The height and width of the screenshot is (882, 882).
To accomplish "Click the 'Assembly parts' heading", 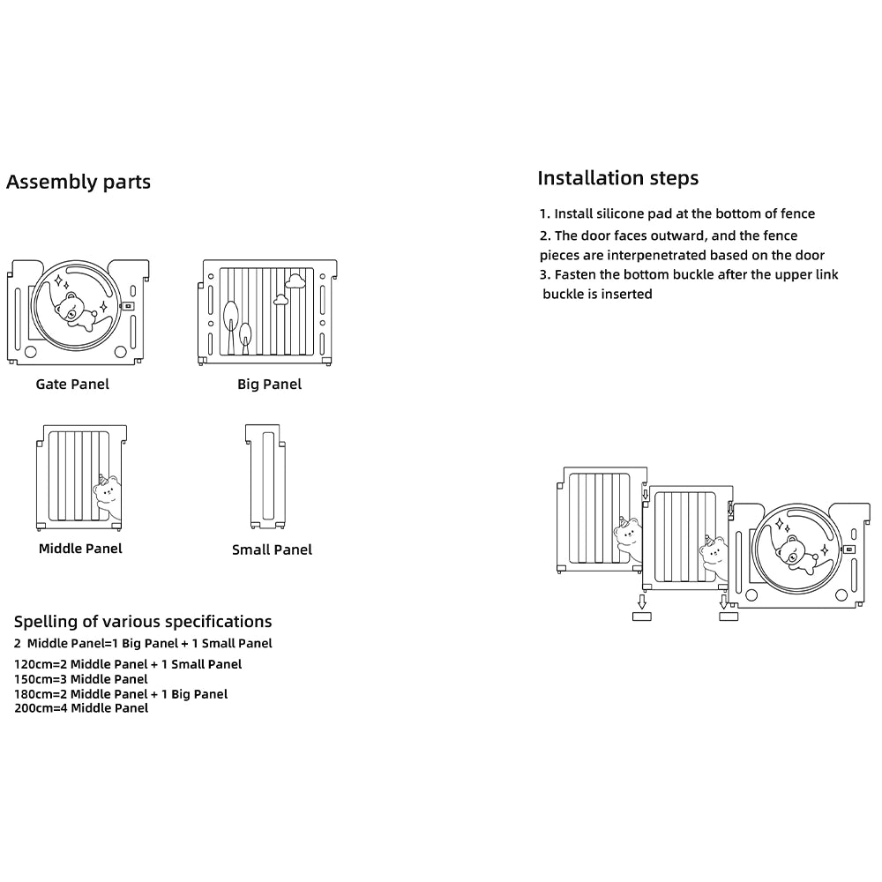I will pyautogui.click(x=78, y=183).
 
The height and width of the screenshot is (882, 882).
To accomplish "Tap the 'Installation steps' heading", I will pyautogui.click(x=617, y=178).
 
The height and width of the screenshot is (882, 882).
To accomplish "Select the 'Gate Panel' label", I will pyautogui.click(x=72, y=385).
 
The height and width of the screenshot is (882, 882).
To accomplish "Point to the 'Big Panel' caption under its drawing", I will pyautogui.click(x=269, y=385).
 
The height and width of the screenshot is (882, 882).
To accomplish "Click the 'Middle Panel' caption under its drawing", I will pyautogui.click(x=80, y=549).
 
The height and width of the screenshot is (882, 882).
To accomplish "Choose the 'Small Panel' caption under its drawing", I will pyautogui.click(x=272, y=549).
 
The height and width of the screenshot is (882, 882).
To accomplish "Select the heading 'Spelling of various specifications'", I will pyautogui.click(x=143, y=622).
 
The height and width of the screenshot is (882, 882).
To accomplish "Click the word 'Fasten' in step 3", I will pyautogui.click(x=575, y=275).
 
